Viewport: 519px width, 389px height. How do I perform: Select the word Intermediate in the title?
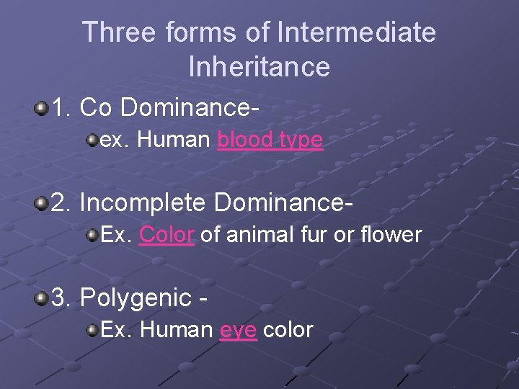(x=356, y=32)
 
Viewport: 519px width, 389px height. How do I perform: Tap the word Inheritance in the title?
(x=259, y=67)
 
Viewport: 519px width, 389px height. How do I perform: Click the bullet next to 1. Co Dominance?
(x=42, y=108)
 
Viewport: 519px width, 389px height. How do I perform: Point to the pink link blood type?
(x=270, y=140)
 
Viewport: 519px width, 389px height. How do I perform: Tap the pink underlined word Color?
(x=167, y=234)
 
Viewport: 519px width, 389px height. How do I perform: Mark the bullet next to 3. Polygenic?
(x=42, y=297)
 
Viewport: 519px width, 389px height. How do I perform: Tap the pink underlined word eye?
(x=238, y=330)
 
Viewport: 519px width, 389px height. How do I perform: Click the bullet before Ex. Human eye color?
(x=92, y=329)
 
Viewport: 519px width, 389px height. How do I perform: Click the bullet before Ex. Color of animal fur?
(x=92, y=233)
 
